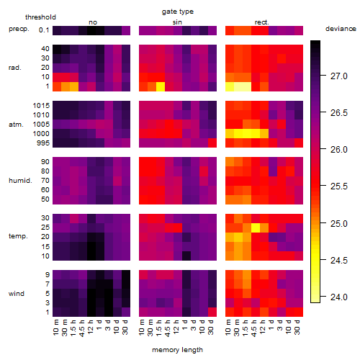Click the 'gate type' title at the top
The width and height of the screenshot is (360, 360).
[x=178, y=12]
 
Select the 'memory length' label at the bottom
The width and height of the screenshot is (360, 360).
[x=177, y=350]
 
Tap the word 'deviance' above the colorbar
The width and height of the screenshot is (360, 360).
[x=341, y=29]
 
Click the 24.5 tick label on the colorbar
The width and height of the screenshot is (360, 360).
[x=339, y=260]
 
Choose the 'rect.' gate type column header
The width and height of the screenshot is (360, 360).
[x=261, y=22]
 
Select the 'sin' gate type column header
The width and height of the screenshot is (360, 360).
[x=177, y=22]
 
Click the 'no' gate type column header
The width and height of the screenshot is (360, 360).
[x=93, y=22]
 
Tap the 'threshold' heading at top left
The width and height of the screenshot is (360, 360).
[x=40, y=17]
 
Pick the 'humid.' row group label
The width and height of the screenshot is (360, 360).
[x=20, y=181]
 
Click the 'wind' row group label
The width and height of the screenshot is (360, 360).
[x=17, y=294]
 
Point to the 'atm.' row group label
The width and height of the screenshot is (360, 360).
[x=16, y=125]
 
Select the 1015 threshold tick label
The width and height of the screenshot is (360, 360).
[x=41, y=106]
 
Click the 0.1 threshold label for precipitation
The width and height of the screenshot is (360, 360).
[x=44, y=30]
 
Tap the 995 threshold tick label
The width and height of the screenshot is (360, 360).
[x=43, y=143]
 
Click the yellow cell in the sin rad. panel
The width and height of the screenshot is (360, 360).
[x=161, y=86]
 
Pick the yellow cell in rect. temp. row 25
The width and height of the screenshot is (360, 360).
[x=256, y=228]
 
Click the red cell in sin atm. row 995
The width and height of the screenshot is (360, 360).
[x=212, y=143]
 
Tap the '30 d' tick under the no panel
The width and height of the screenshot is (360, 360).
[x=125, y=328]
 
